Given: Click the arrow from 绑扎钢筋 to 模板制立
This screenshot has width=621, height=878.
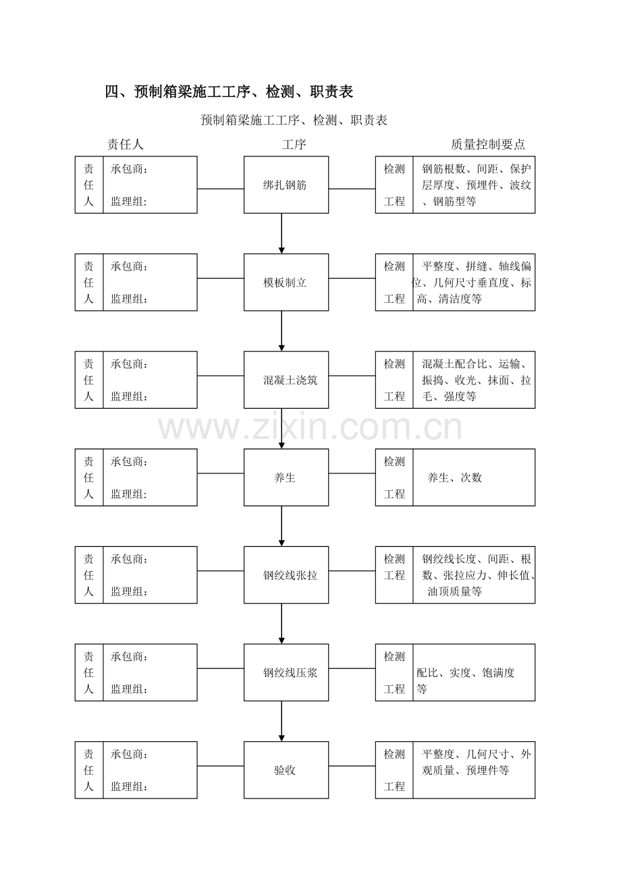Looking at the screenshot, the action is [x=281, y=233].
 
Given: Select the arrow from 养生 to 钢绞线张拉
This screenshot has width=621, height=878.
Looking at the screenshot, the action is [x=281, y=526].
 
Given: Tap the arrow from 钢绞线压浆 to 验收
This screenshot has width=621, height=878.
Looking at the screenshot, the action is [x=281, y=722].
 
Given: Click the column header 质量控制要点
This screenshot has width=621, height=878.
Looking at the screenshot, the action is [x=487, y=144].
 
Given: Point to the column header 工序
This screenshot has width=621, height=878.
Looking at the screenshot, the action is [x=294, y=144].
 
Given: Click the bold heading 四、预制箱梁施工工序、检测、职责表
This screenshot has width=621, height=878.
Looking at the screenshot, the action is [x=229, y=92].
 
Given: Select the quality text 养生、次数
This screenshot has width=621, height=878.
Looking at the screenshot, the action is [x=454, y=477].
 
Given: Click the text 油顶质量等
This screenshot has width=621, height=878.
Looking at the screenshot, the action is [x=454, y=591].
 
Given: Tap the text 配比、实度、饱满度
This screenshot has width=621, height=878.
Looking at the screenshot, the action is [x=465, y=672].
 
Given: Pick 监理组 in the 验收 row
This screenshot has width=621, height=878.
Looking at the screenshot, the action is [x=129, y=786].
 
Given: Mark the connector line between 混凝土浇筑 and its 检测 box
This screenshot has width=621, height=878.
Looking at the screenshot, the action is [x=352, y=376].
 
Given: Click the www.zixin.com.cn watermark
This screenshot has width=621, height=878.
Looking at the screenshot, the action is [x=310, y=428].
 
